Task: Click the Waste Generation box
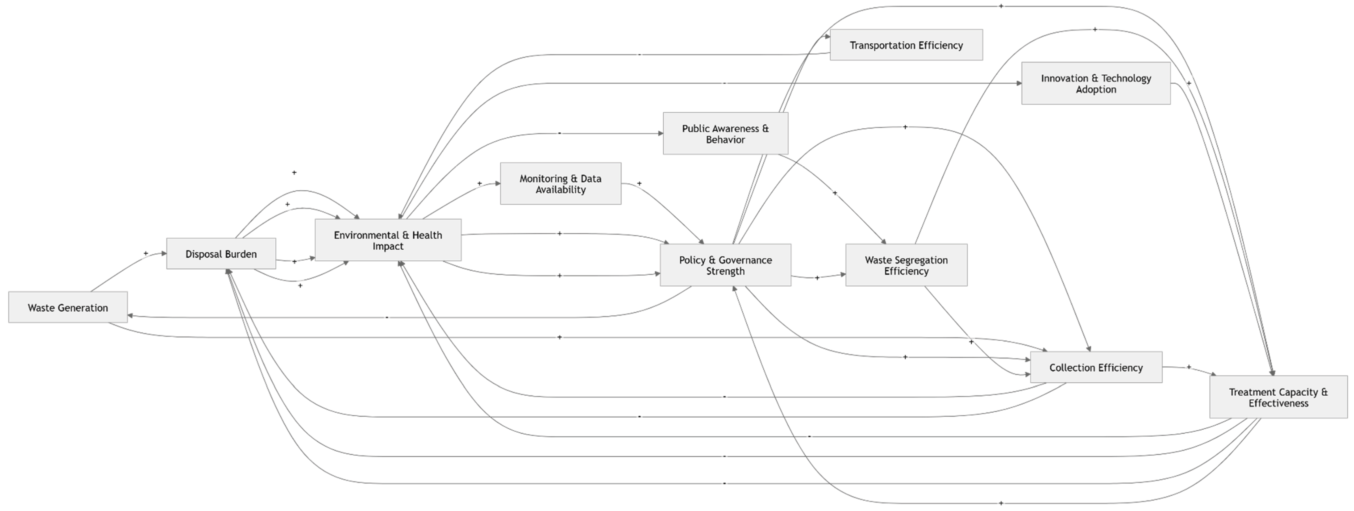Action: pyautogui.click(x=68, y=307)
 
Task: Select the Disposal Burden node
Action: pyautogui.click(x=221, y=254)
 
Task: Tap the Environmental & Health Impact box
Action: pyautogui.click(x=388, y=240)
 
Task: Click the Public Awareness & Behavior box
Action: pyautogui.click(x=725, y=133)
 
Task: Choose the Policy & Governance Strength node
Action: pyautogui.click(x=725, y=265)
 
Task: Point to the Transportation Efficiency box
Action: pyautogui.click(x=906, y=45)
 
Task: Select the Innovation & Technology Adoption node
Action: pyautogui.click(x=1096, y=84)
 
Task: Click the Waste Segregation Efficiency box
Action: pyautogui.click(x=906, y=265)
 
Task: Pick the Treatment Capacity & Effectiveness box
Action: pyautogui.click(x=1278, y=397)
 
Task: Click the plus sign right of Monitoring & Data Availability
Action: pyautogui.click(x=639, y=183)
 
